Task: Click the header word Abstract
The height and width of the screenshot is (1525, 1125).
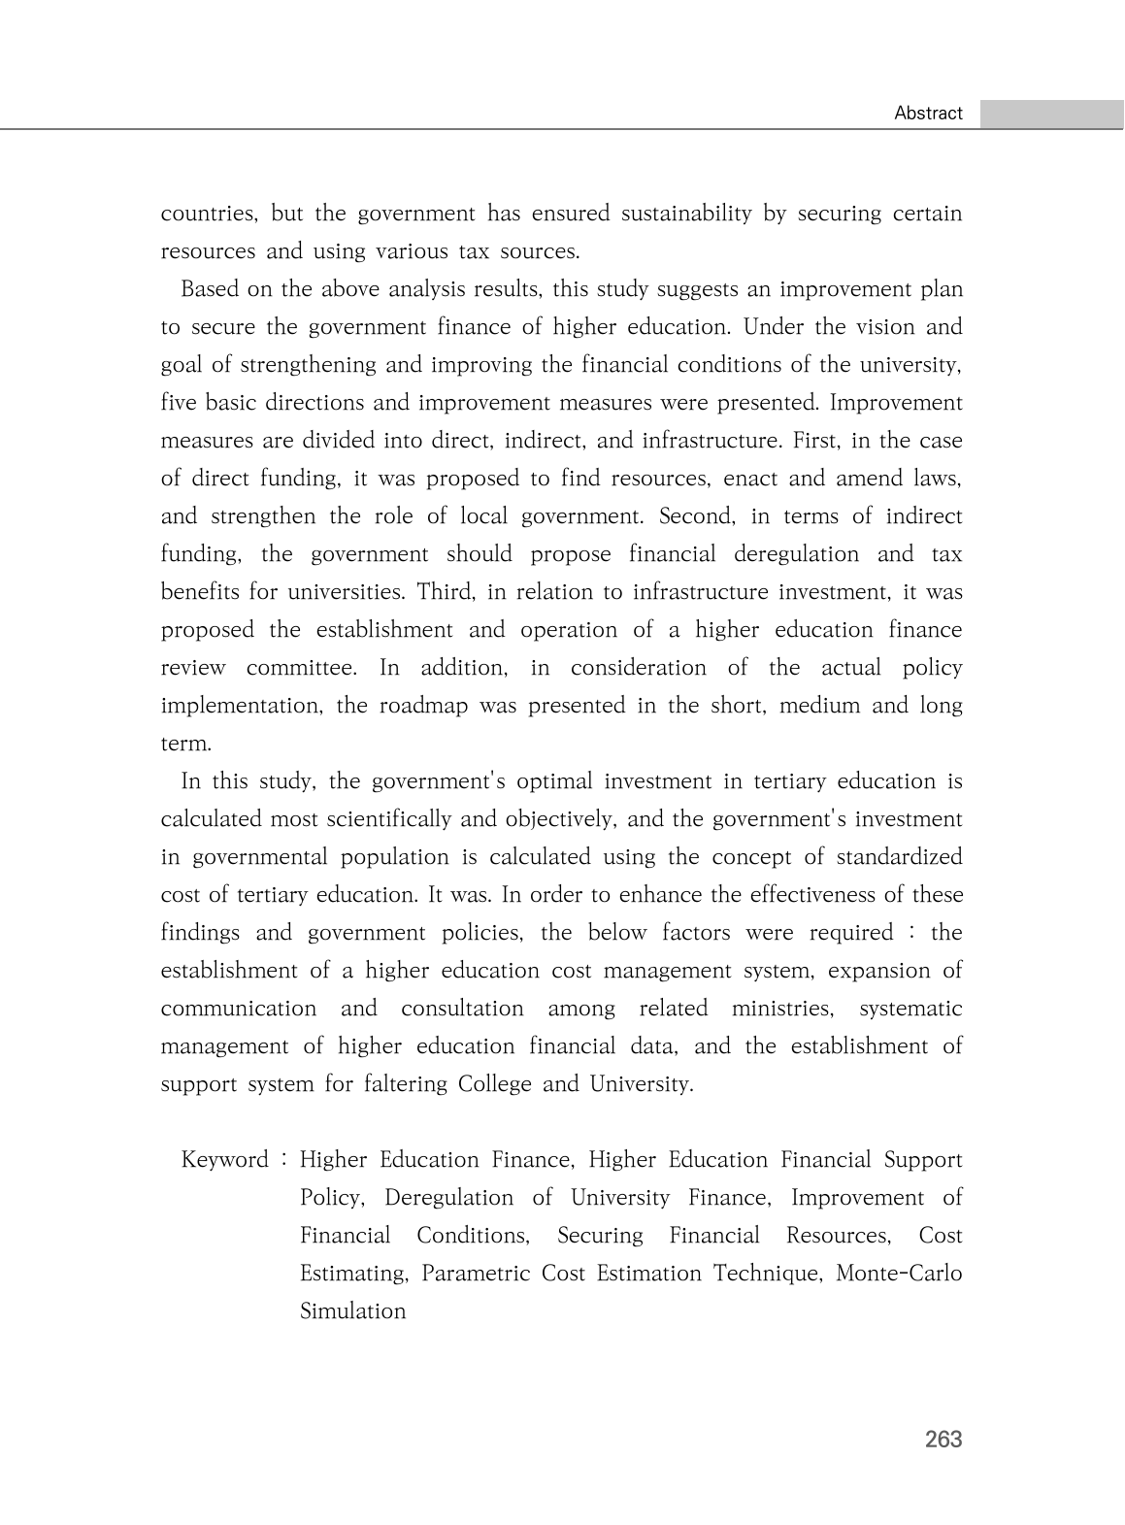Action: pyautogui.click(x=928, y=114)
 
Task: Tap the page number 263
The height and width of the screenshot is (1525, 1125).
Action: pyautogui.click(x=943, y=1439)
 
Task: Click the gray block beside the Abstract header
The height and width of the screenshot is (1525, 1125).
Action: pyautogui.click(x=1051, y=114)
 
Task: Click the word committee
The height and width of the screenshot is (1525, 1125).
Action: pyautogui.click(x=302, y=668)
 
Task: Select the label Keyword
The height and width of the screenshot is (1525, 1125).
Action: pyautogui.click(x=224, y=1160)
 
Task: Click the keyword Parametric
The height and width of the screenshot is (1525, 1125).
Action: pyautogui.click(x=476, y=1274)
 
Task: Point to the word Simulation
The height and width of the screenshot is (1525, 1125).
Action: pyautogui.click(x=352, y=1311)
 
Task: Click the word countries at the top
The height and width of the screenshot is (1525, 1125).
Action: pyautogui.click(x=208, y=214)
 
